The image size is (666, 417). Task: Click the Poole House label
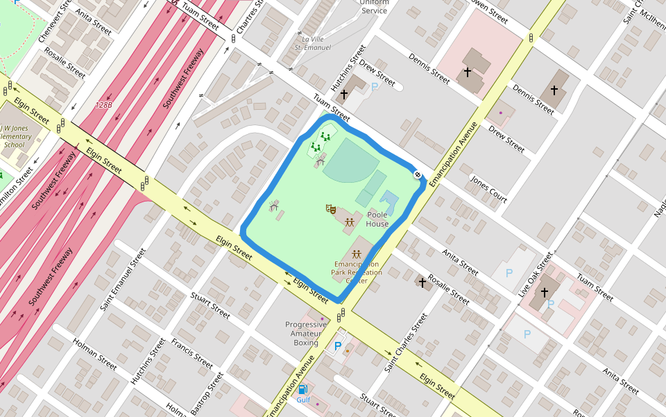(377, 220)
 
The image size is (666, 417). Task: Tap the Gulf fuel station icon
(303, 390)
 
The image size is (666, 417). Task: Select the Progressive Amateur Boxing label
(306, 334)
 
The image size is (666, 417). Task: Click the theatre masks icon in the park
(331, 208)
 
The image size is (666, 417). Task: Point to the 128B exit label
(104, 105)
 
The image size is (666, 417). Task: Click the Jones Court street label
(489, 189)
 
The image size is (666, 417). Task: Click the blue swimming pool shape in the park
(390, 202)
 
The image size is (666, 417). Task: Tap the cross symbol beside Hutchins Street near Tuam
(343, 93)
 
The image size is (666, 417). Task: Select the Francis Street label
(192, 353)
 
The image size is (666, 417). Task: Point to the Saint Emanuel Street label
(123, 279)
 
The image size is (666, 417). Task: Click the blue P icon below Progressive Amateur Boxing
(338, 346)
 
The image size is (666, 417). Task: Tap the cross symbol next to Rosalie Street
(422, 283)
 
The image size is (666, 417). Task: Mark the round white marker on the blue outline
(418, 175)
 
